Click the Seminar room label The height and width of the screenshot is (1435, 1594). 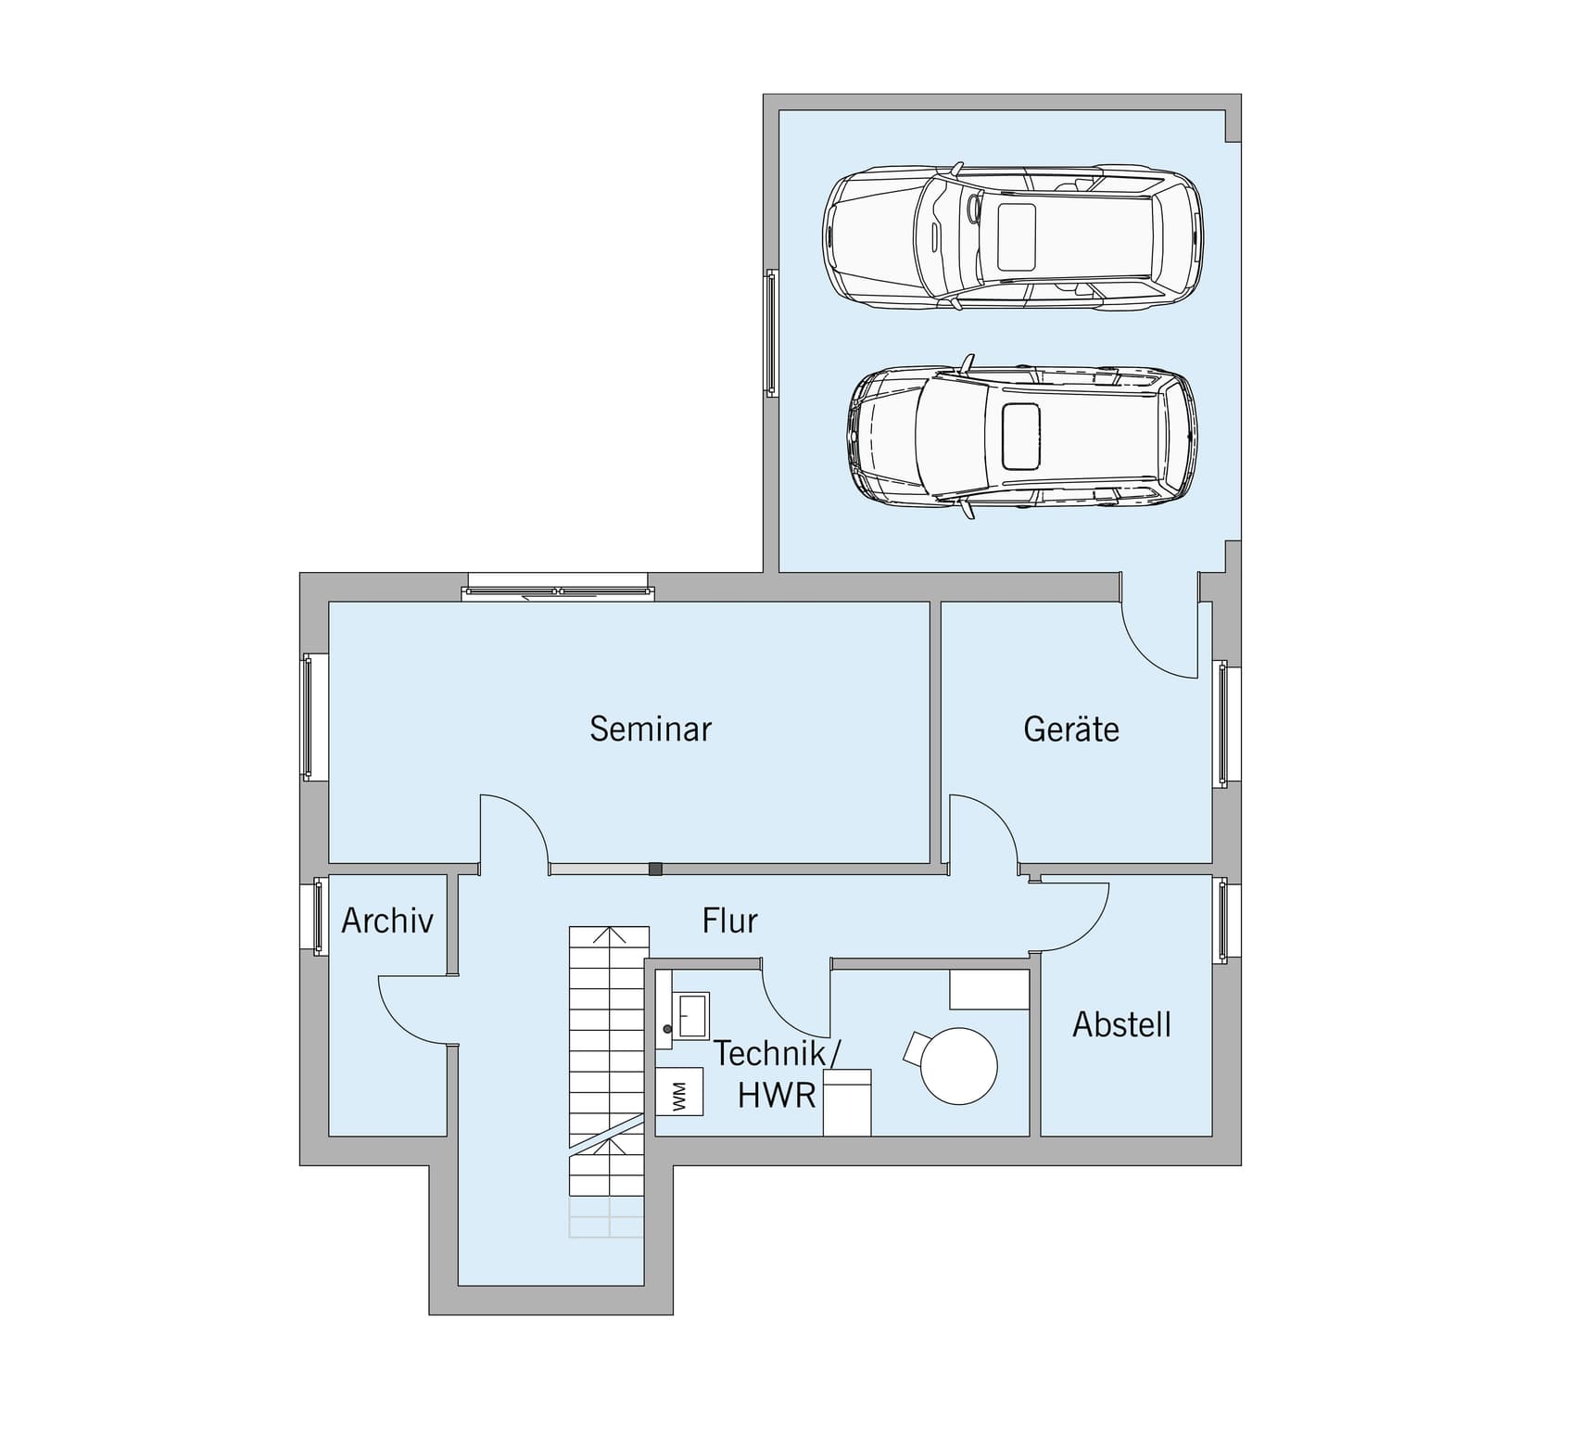pos(651,729)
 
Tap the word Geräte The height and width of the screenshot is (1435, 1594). pos(1071,729)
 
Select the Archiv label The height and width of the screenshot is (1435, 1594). pos(387,921)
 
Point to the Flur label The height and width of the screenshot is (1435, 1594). pos(730,921)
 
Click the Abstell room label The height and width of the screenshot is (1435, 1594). pos(1122,1024)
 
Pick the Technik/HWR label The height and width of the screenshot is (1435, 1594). pos(778,1074)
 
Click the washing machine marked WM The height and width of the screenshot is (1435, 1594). pos(679,1091)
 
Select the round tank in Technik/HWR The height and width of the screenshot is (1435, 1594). pos(959,1066)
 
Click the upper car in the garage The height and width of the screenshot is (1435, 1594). pos(1013,236)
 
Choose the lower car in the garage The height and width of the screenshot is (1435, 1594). pos(1021,436)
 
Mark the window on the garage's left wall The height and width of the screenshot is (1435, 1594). pos(771,334)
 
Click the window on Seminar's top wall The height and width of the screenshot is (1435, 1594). pos(558,588)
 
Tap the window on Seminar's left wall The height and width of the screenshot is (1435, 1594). pos(314,717)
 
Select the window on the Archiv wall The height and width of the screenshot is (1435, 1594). pos(314,916)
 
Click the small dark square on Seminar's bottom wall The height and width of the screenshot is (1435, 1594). pos(655,869)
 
